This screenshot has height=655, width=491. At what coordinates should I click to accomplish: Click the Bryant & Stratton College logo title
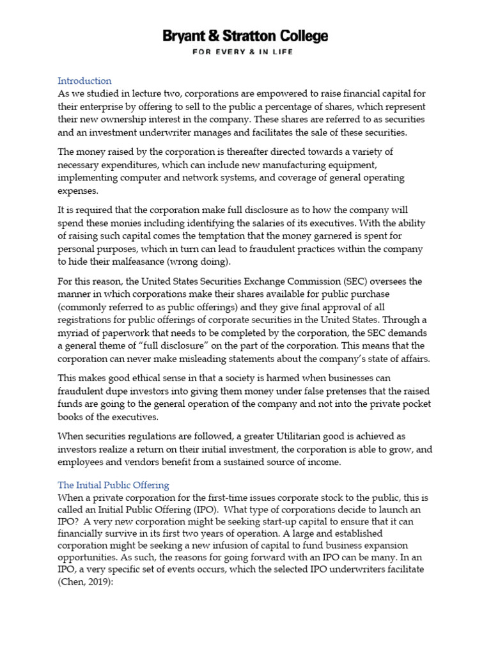point(245,36)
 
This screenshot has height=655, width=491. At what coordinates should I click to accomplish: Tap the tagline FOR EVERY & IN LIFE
point(245,52)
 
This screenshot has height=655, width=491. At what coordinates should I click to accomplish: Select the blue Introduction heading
point(84,81)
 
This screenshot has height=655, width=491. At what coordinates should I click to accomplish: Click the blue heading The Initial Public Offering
point(113,485)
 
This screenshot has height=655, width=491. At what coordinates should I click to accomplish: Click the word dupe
point(120,391)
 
